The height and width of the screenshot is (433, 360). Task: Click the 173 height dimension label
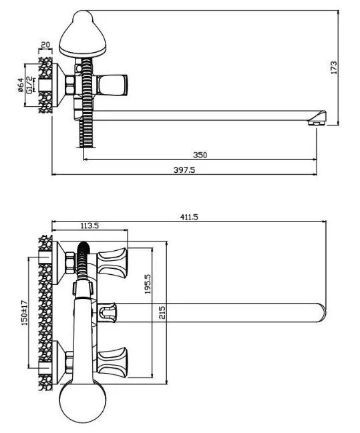[334, 67]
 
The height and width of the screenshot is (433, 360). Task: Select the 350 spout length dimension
[200, 155]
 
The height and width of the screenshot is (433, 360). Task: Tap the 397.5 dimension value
[184, 169]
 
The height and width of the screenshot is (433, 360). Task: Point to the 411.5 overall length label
[189, 217]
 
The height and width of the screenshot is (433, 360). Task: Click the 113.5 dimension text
[89, 226]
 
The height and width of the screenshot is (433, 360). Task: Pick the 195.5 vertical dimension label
[148, 284]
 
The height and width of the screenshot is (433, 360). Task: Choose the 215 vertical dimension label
[162, 312]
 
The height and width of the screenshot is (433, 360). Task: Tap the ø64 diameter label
[20, 85]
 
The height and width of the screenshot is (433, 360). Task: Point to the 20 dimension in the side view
[45, 45]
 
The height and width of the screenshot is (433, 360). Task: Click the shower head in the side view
[83, 34]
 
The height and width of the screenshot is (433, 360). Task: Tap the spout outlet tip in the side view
[317, 118]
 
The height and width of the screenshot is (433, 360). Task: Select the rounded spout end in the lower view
[321, 313]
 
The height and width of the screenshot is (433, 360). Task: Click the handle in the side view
[113, 85]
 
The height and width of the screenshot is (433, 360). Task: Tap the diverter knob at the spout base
[107, 312]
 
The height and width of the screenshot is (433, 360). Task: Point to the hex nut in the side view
[69, 85]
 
